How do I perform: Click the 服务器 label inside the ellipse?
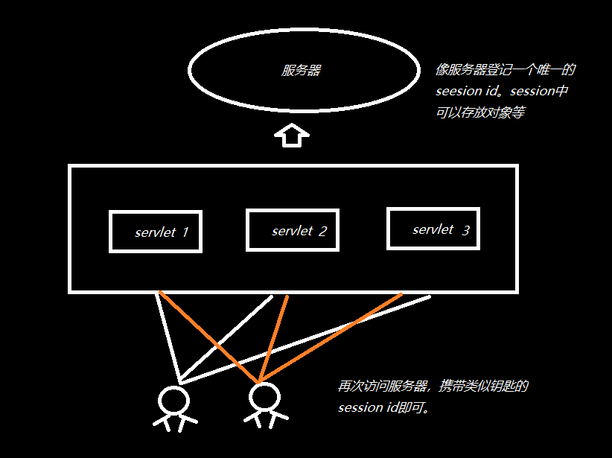302,71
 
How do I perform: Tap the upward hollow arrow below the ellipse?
291,136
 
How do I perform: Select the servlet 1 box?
155,232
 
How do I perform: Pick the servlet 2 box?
292,230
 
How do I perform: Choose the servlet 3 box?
433,228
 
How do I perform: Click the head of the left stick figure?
173,400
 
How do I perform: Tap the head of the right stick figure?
264,397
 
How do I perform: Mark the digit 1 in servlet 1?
185,232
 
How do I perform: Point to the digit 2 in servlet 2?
322,231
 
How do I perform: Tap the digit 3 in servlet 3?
465,231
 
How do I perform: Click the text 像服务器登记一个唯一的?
506,71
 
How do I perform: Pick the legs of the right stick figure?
265,419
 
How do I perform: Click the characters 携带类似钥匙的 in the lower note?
483,387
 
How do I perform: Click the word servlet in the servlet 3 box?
433,229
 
